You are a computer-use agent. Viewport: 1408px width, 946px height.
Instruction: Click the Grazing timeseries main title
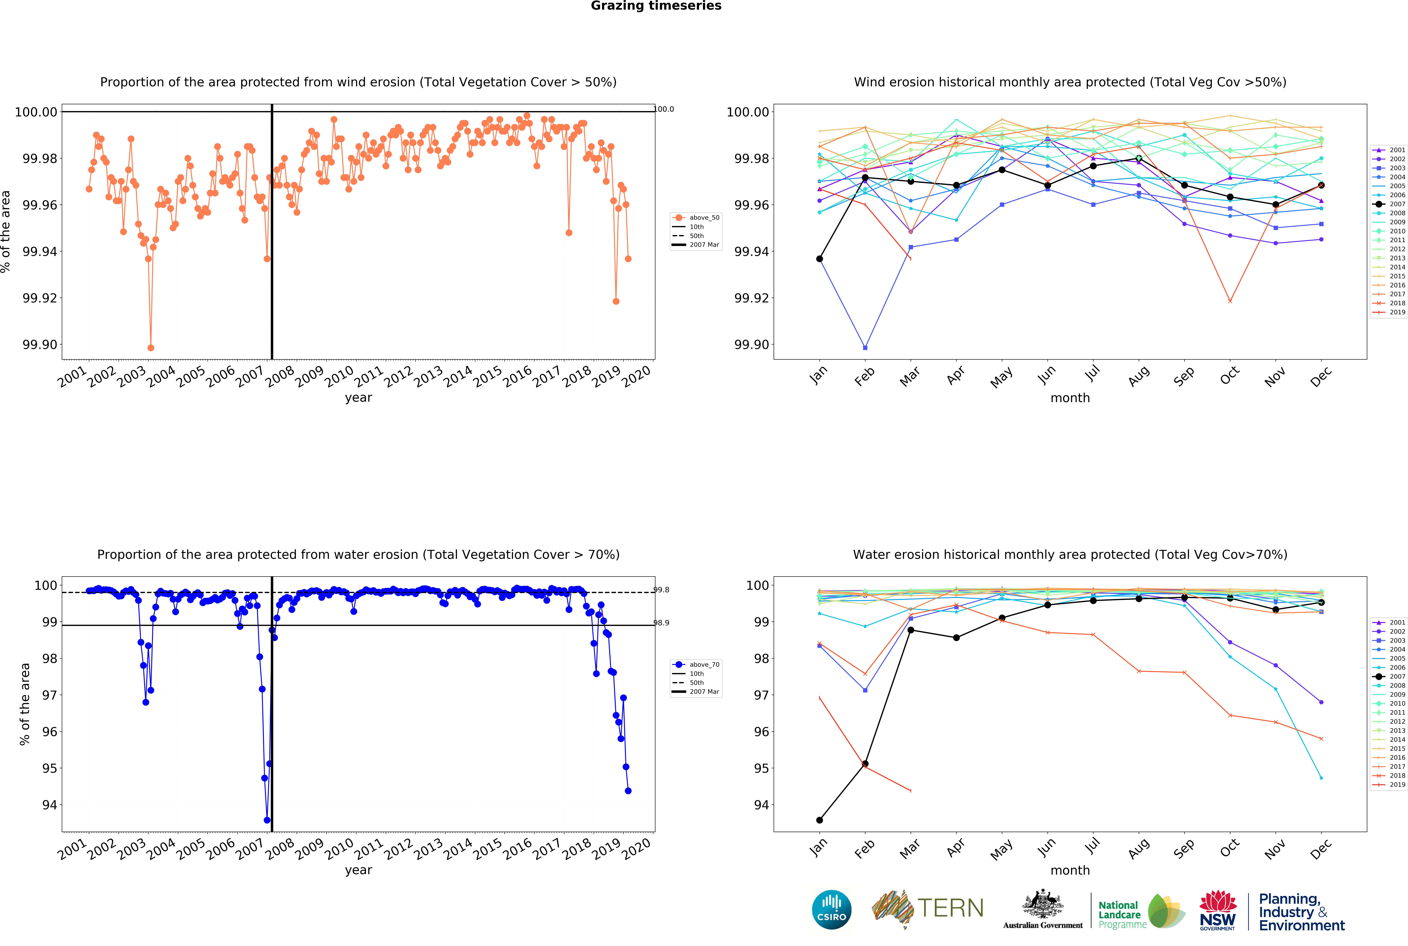(x=656, y=6)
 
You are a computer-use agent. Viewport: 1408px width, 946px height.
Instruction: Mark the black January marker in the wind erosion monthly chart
(x=819, y=259)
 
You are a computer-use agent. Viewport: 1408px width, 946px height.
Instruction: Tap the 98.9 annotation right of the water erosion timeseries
(x=662, y=623)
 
